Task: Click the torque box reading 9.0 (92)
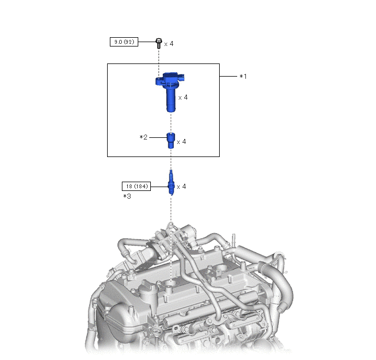[x=124, y=42]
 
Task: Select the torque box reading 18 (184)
[x=137, y=186]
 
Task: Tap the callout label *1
[x=243, y=76]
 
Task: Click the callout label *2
[x=143, y=137]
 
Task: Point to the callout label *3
[x=127, y=196]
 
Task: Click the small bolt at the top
[x=158, y=43]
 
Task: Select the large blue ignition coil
[x=170, y=92]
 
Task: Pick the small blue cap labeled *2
[x=171, y=141]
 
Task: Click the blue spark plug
[x=171, y=182]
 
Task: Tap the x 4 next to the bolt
[x=169, y=44]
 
